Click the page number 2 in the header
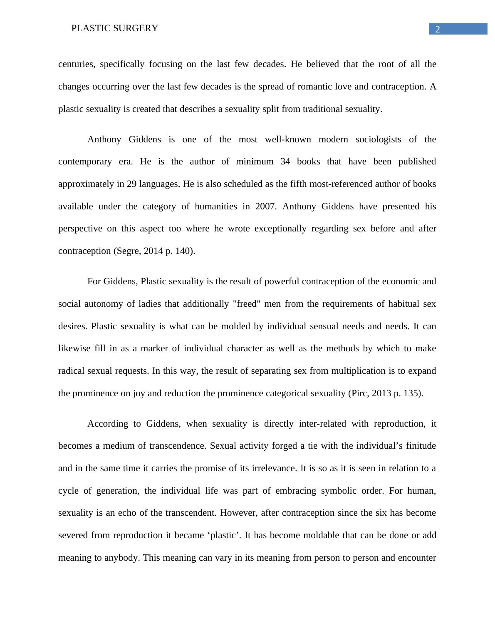(x=437, y=30)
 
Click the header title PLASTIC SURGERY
(x=115, y=28)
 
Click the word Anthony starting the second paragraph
(x=104, y=139)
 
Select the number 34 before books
(x=285, y=161)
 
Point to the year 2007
(x=265, y=206)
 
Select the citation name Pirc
(x=359, y=393)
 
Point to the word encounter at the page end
(x=415, y=558)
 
